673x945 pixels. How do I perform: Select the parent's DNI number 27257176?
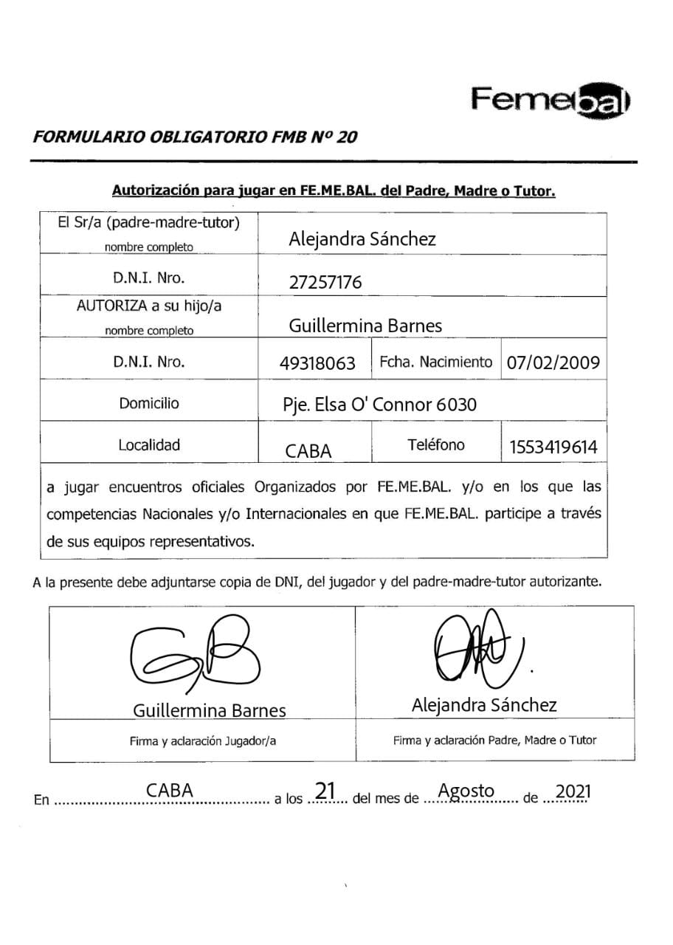325,282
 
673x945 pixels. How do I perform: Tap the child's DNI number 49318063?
317,363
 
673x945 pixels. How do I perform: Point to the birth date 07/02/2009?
553,362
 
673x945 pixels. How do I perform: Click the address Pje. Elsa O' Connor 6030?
380,405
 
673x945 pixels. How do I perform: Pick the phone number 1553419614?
553,447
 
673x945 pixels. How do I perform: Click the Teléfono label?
435,444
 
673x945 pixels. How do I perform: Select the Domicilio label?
149,404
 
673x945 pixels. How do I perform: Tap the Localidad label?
149,445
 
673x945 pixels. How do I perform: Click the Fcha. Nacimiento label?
435,362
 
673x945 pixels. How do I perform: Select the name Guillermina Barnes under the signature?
209,710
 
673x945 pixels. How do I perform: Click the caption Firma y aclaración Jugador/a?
202,741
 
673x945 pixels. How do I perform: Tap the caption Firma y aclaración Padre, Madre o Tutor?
494,740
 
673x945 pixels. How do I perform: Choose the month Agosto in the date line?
466,791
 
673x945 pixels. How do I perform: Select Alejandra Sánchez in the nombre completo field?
362,238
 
